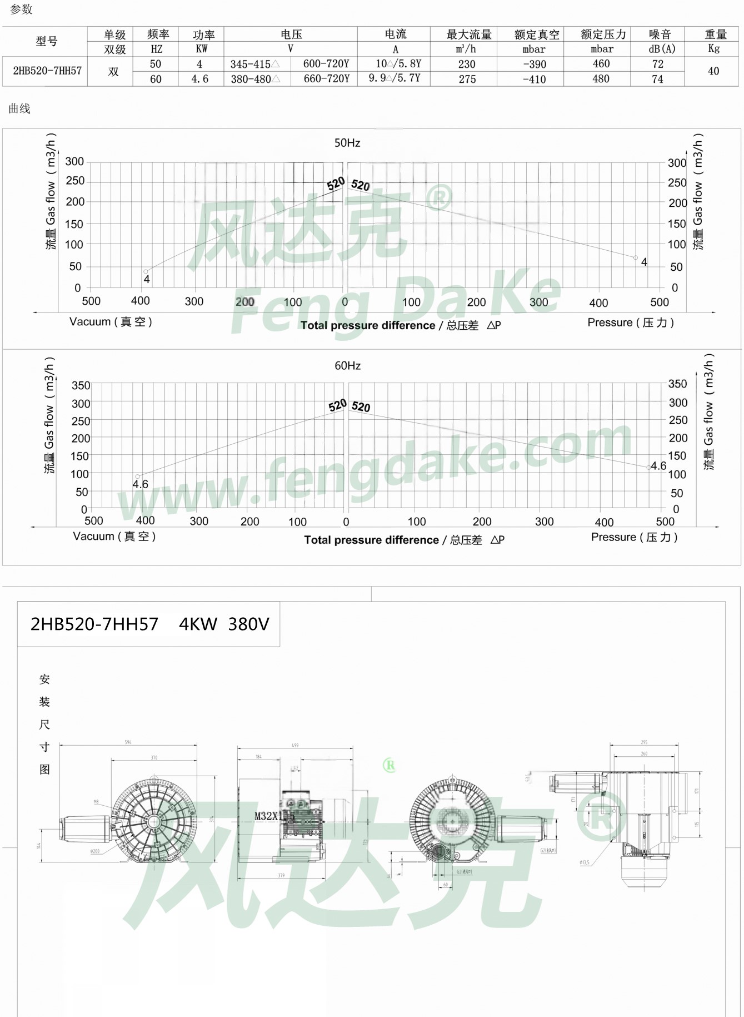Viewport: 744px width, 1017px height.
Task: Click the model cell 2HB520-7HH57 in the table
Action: click(x=47, y=71)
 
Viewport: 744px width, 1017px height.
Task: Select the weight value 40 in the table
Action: click(x=713, y=71)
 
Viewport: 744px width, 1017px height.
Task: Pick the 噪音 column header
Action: click(x=660, y=34)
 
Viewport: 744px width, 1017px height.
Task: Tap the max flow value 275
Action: click(x=467, y=79)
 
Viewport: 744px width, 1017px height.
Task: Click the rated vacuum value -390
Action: click(x=534, y=64)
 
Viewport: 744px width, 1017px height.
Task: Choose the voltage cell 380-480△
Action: click(x=255, y=79)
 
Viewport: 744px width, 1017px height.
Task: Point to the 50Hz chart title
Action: click(x=347, y=143)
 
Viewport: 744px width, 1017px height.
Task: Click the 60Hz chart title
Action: click(x=348, y=365)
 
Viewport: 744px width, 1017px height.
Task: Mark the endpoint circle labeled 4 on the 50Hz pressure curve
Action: click(x=636, y=258)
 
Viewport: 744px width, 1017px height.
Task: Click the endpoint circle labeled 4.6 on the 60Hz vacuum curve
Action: click(x=138, y=477)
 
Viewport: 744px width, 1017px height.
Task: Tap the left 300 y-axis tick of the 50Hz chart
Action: click(x=74, y=161)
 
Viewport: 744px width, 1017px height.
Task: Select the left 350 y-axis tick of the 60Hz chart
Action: click(x=81, y=385)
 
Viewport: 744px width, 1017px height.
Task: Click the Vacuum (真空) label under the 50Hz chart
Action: click(x=111, y=321)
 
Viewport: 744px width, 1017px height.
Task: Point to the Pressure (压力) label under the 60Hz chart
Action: click(x=634, y=537)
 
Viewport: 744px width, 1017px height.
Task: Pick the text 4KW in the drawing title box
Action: click(x=198, y=624)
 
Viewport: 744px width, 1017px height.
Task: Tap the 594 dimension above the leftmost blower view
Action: click(x=128, y=742)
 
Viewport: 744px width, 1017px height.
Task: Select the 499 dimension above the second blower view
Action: click(x=295, y=745)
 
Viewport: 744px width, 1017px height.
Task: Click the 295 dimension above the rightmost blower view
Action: click(x=644, y=742)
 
